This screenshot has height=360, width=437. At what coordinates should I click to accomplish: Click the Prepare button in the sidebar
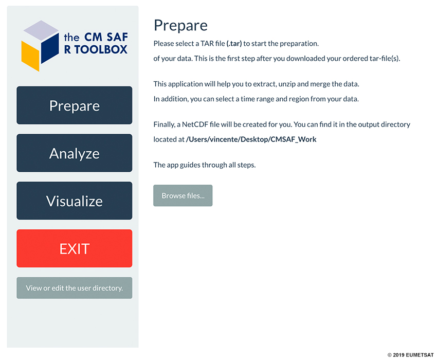click(75, 105)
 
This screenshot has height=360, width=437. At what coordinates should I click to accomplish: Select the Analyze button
click(75, 153)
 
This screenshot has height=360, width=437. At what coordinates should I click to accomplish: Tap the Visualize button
click(75, 201)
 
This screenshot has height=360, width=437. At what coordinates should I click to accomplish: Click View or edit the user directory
click(75, 288)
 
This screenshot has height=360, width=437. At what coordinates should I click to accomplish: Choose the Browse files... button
click(183, 195)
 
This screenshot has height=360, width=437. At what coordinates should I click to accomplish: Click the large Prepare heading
click(180, 26)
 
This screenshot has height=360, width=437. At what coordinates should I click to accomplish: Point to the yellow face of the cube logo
click(30, 56)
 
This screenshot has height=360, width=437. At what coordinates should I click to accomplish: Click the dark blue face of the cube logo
click(50, 48)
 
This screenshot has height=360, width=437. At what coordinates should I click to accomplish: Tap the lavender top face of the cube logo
click(41, 30)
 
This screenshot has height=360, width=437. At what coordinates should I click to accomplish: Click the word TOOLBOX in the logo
click(101, 49)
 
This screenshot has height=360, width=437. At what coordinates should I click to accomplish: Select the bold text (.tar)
click(234, 44)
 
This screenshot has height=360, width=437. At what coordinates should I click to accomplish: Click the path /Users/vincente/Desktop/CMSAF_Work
click(251, 139)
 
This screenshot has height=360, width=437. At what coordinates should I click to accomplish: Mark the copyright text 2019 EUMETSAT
click(411, 355)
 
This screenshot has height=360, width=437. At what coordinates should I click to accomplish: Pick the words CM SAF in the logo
click(106, 37)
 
